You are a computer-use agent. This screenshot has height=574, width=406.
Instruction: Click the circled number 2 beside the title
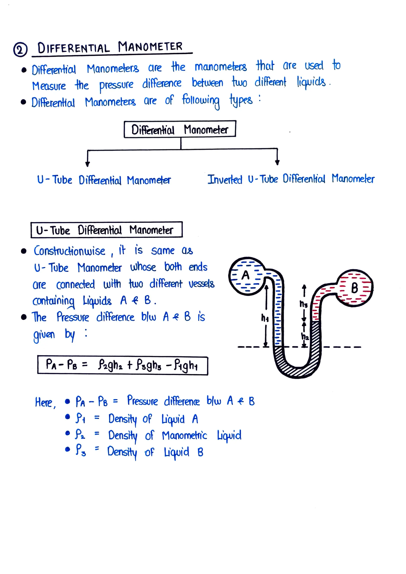tap(20, 50)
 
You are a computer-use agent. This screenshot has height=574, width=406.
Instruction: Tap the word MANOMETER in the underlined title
tap(150, 47)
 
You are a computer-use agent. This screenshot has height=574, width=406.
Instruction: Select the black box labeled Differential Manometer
tap(180, 129)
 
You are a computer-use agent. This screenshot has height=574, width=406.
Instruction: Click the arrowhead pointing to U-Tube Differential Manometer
tap(87, 164)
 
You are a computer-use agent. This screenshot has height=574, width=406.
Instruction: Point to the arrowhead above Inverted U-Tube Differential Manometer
tap(277, 163)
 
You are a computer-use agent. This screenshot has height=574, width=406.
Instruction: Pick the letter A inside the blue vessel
tap(245, 275)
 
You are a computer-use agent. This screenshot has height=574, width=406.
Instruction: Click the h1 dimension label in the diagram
tap(265, 318)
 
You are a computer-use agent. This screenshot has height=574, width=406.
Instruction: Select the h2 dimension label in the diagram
tap(305, 336)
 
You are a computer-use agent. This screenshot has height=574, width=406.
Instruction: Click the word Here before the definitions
tap(44, 402)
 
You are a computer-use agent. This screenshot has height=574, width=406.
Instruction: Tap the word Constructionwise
tap(70, 251)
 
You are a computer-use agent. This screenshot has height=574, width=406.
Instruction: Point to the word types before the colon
tap(241, 101)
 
